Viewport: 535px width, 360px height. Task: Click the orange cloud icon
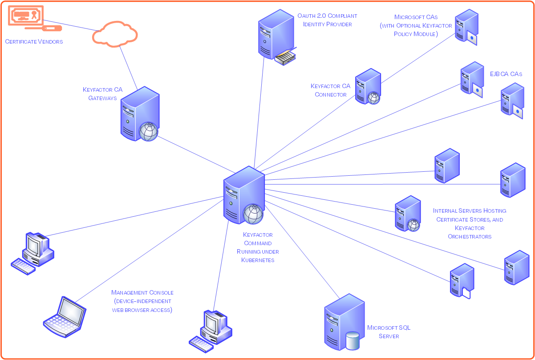pyautogui.click(x=115, y=34)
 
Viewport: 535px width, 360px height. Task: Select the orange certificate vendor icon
pyautogui.click(x=26, y=17)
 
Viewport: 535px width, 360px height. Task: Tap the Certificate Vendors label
pyautogui.click(x=34, y=41)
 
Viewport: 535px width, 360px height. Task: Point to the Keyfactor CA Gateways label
pyautogui.click(x=102, y=93)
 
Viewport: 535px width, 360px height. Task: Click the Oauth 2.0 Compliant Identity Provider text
pyautogui.click(x=327, y=20)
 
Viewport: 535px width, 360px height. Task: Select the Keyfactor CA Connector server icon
pyautogui.click(x=368, y=87)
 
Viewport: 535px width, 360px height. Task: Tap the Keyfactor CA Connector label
pyautogui.click(x=330, y=90)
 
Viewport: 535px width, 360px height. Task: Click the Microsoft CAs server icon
pyautogui.click(x=466, y=27)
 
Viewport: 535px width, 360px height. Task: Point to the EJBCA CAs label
pyautogui.click(x=506, y=74)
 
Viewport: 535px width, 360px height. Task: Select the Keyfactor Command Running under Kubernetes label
pyautogui.click(x=258, y=247)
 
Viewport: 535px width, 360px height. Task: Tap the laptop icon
pyautogui.click(x=65, y=316)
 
